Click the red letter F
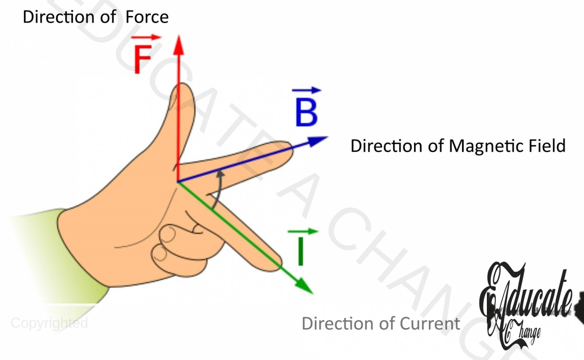coord(143,59)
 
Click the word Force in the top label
coord(147,17)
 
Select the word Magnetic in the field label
coord(486,146)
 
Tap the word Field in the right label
coord(547,146)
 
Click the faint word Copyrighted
coord(49,323)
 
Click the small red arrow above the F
coord(146,38)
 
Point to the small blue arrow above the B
coord(306,90)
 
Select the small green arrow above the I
coord(303,231)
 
